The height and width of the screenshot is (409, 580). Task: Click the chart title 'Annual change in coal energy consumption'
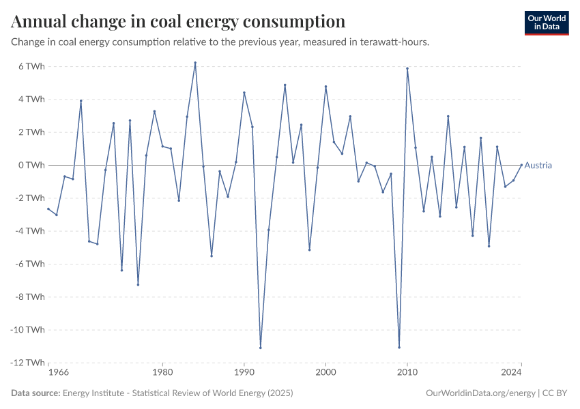[x=178, y=21]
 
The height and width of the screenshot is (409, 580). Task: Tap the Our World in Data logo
[x=546, y=22]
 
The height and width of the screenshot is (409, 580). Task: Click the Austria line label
[x=538, y=166]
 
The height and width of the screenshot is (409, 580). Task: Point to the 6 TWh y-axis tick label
[x=31, y=66]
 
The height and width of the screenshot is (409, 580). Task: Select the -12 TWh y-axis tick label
[x=29, y=363]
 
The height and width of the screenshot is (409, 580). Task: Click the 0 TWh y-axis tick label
[x=31, y=165]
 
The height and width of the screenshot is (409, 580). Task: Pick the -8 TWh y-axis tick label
[x=30, y=297]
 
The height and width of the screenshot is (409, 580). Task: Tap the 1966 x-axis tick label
[x=59, y=374]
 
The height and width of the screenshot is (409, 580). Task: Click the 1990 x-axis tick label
[x=244, y=374]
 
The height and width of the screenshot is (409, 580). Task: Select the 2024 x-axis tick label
[x=512, y=374]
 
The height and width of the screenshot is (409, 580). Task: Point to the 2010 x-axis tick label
[x=407, y=374]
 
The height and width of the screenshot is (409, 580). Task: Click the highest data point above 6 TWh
[x=195, y=63]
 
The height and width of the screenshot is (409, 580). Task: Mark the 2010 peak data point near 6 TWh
[x=407, y=68]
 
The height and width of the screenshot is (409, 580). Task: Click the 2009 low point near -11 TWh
[x=399, y=347]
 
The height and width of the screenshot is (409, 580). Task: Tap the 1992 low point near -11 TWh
[x=261, y=348]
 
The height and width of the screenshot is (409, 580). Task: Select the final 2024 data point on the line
[x=521, y=165]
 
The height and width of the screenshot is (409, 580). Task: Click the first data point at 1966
[x=48, y=209]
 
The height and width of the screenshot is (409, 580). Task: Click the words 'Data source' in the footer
[x=35, y=393]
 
